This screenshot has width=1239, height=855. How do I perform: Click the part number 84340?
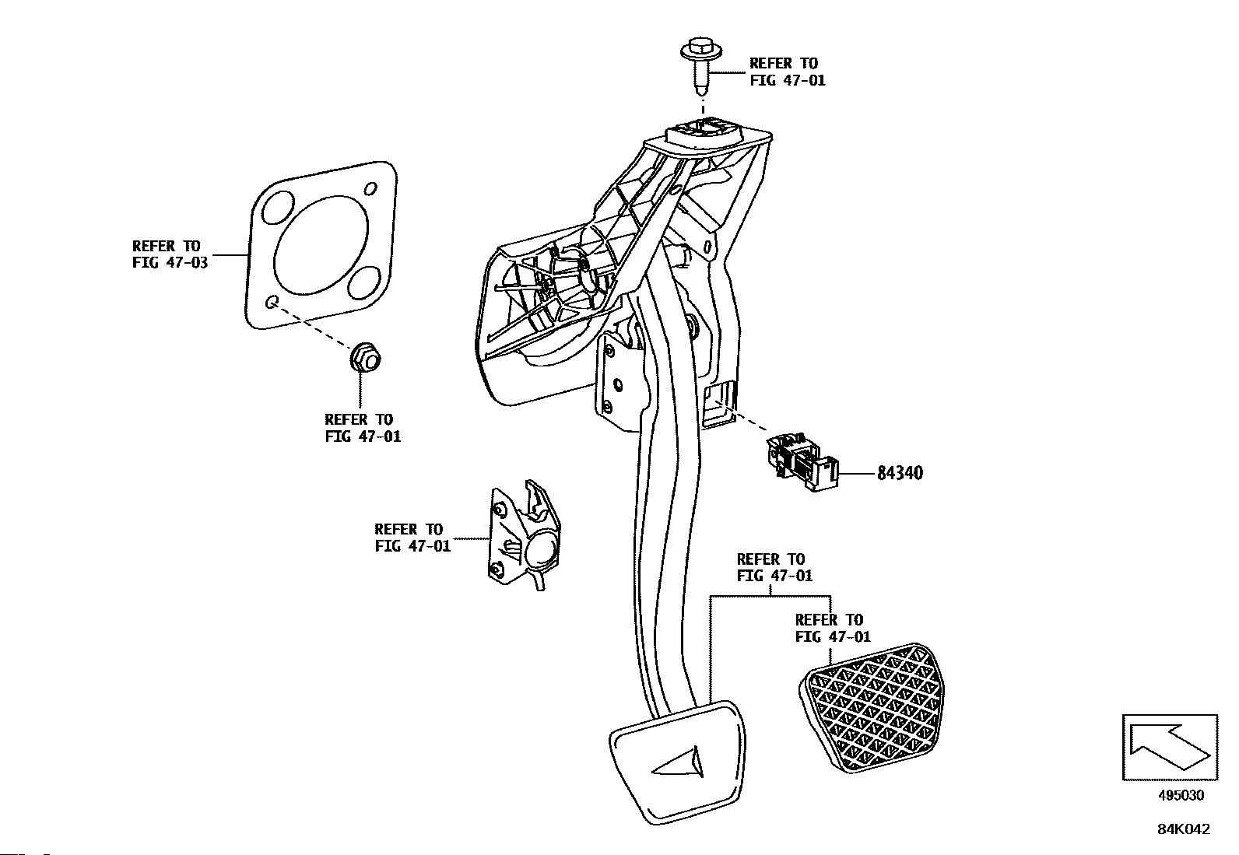click(x=900, y=474)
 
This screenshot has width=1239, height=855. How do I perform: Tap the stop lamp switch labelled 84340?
click(x=802, y=464)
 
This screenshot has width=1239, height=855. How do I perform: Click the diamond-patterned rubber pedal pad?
click(x=872, y=708)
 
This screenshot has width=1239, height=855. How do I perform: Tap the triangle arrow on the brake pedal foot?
click(x=679, y=762)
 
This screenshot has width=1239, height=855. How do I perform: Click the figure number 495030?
click(x=1181, y=796)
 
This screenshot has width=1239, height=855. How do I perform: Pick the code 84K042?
click(x=1184, y=829)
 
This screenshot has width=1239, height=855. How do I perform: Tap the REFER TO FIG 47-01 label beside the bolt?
click(x=787, y=72)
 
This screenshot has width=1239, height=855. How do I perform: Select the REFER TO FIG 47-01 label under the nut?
click(x=363, y=428)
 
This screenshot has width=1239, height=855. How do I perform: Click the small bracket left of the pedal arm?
click(x=524, y=535)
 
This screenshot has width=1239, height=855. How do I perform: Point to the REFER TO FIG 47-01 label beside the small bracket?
click(x=412, y=538)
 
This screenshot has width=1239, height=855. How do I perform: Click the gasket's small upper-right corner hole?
click(x=371, y=189)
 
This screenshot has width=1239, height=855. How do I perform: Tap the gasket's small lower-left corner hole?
click(x=271, y=303)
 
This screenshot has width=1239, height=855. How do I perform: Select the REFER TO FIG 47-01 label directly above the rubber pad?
click(x=833, y=628)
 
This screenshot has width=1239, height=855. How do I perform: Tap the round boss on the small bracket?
click(x=539, y=553)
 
